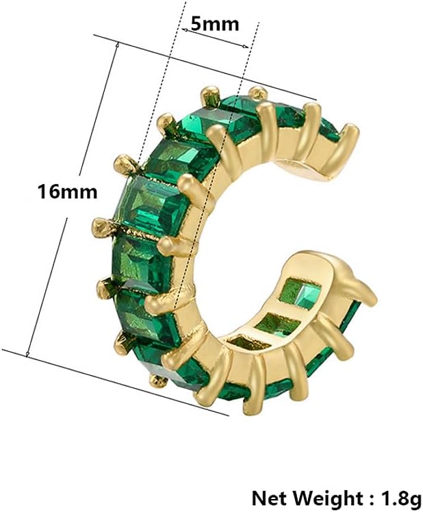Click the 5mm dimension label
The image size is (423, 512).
214,24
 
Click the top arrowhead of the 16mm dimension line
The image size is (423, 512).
118,44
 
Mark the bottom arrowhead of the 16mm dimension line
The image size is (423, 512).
27,354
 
